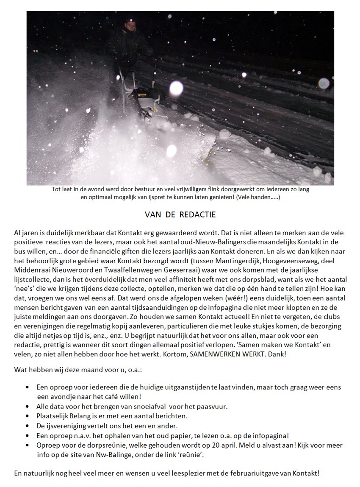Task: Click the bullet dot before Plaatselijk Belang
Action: point(28,416)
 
